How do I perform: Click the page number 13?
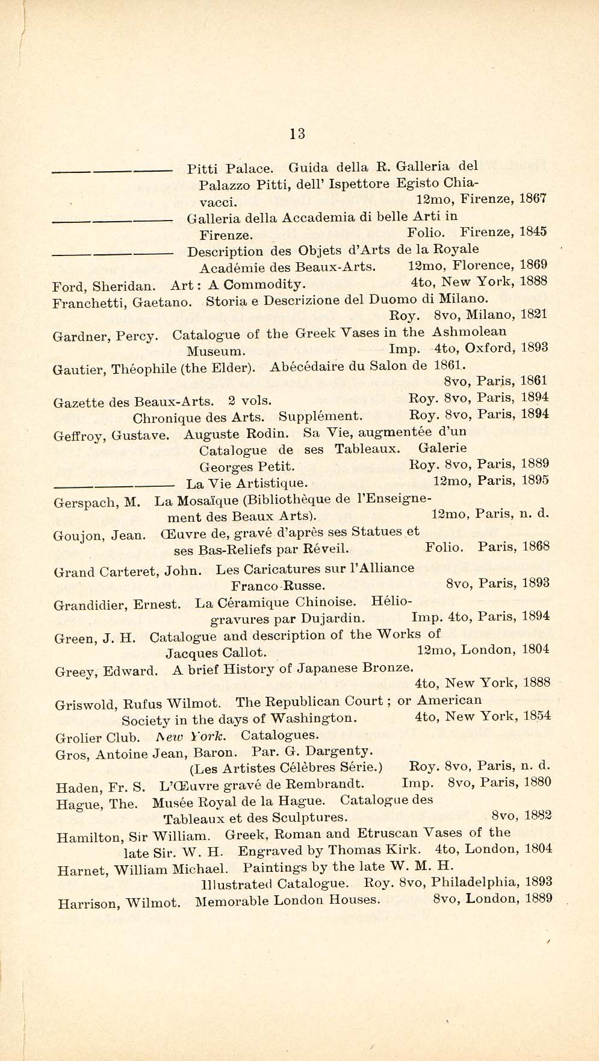click(x=297, y=133)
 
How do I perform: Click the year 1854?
click(x=536, y=716)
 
